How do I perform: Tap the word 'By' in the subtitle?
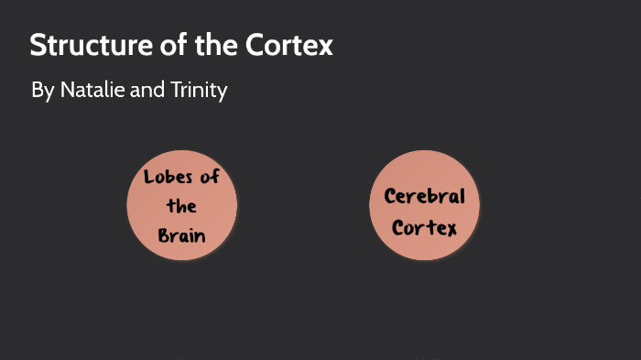click(42, 92)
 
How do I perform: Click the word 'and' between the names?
click(144, 92)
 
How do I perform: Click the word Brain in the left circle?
click(181, 235)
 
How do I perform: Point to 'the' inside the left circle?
click(181, 206)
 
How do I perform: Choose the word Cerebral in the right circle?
click(424, 196)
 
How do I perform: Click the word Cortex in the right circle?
click(424, 227)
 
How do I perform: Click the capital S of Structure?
click(37, 46)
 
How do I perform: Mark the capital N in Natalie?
click(66, 92)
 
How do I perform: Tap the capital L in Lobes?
click(148, 177)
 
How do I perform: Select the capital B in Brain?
click(163, 235)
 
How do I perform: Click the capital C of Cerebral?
click(389, 196)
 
